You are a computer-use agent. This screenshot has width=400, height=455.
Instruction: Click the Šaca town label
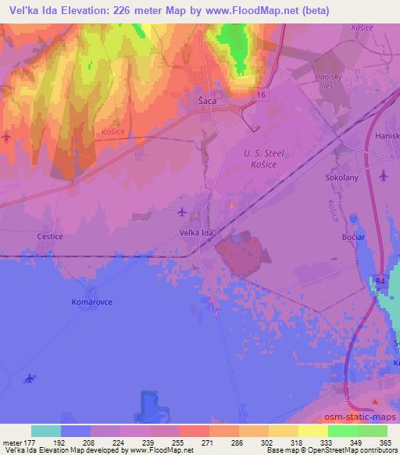click(x=207, y=101)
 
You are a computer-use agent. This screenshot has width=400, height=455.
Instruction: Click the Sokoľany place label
click(x=341, y=177)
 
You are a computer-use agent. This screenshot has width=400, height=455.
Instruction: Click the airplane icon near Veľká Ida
click(x=182, y=212)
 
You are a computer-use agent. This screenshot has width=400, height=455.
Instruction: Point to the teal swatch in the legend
click(x=46, y=431)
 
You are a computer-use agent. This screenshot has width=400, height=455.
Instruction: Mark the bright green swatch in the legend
click(x=343, y=431)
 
